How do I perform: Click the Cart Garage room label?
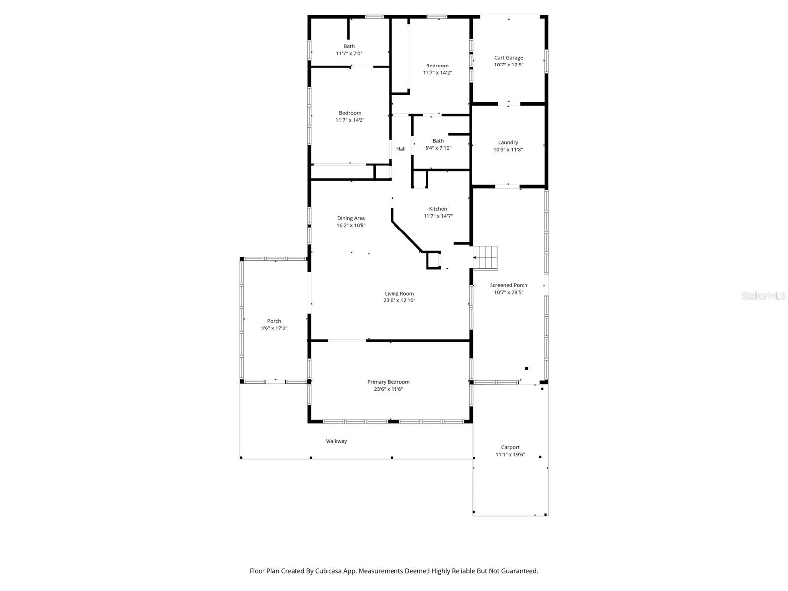(508, 58)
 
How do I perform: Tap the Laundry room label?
(508, 143)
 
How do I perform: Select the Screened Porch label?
(508, 285)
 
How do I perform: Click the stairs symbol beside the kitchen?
(486, 258)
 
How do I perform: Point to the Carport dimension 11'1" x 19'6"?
(510, 455)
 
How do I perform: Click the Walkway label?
(336, 441)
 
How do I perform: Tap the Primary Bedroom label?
(388, 382)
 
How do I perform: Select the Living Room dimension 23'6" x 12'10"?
(399, 300)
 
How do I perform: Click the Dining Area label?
(351, 218)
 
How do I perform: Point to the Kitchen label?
(438, 209)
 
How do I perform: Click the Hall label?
(401, 149)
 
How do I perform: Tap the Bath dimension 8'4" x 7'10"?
(438, 148)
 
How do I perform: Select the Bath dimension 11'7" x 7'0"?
(349, 54)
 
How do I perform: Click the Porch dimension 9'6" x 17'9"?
(274, 328)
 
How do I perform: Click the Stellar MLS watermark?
(763, 295)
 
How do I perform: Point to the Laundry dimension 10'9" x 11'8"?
(508, 150)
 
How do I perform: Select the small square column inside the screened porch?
(526, 368)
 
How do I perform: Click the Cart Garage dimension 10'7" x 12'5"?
(508, 65)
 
